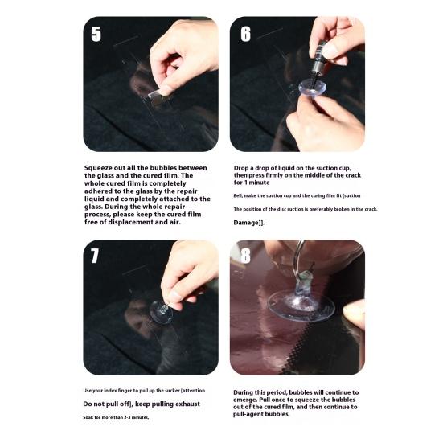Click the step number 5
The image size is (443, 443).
pyautogui.click(x=96, y=35)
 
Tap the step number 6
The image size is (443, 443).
pyautogui.click(x=245, y=34)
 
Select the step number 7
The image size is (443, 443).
pyautogui.click(x=96, y=256)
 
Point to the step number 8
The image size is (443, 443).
pyautogui.click(x=245, y=257)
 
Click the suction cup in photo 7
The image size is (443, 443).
pyautogui.click(x=161, y=310)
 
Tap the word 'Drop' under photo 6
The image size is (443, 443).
pyautogui.click(x=242, y=167)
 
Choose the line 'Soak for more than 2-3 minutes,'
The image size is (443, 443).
pyautogui.click(x=116, y=418)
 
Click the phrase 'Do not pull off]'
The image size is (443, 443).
pyautogui.click(x=111, y=404)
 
